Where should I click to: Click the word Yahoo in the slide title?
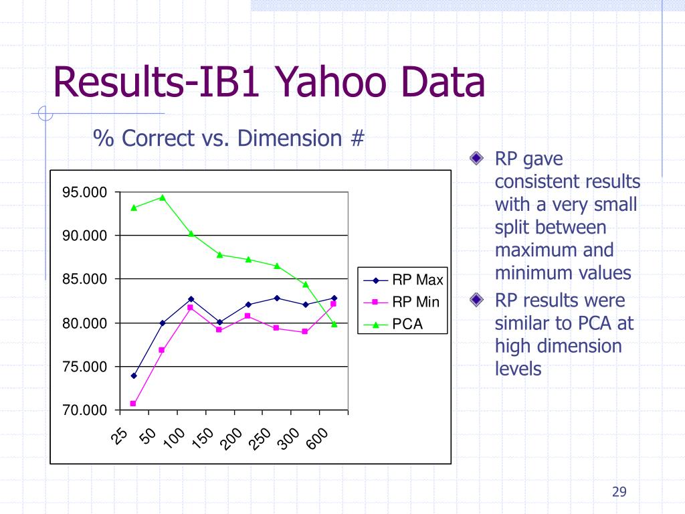pos(331,82)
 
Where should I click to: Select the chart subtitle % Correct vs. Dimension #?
pos(229,138)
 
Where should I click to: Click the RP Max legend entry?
pos(403,280)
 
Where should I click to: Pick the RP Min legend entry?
pos(401,302)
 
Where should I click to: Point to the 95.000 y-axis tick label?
pos(84,192)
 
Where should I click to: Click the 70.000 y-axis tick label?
pos(84,410)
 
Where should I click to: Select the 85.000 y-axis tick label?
pos(84,279)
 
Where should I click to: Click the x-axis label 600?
pos(317,438)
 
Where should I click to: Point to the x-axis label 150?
pos(202,438)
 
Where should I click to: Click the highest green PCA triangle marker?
pos(163,197)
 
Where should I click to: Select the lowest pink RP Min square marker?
pos(133,404)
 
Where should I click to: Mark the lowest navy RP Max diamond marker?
pos(134,375)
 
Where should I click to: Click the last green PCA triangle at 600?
pos(334,324)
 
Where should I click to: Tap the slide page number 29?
pos(619,492)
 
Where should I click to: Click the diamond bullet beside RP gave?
pos(476,158)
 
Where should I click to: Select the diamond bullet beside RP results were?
pos(476,299)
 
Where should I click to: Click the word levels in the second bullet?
pos(518,369)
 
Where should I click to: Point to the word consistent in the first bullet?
pos(567,181)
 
